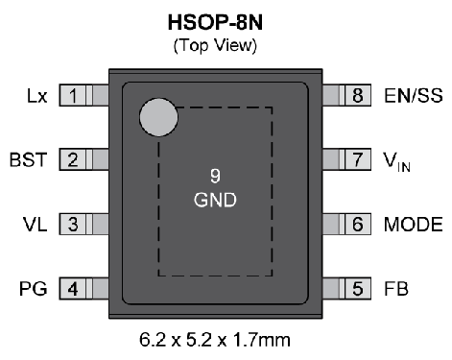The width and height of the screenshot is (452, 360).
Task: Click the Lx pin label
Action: [36, 95]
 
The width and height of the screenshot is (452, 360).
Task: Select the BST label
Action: [28, 159]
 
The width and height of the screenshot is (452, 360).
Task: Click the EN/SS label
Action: [413, 95]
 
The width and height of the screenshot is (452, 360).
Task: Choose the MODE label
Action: [414, 225]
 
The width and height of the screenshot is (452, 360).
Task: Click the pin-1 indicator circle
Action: [159, 118]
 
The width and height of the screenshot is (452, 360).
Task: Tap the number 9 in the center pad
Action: [215, 176]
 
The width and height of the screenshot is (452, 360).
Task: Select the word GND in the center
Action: [215, 201]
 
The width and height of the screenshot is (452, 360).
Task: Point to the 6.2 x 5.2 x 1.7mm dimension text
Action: [215, 340]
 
